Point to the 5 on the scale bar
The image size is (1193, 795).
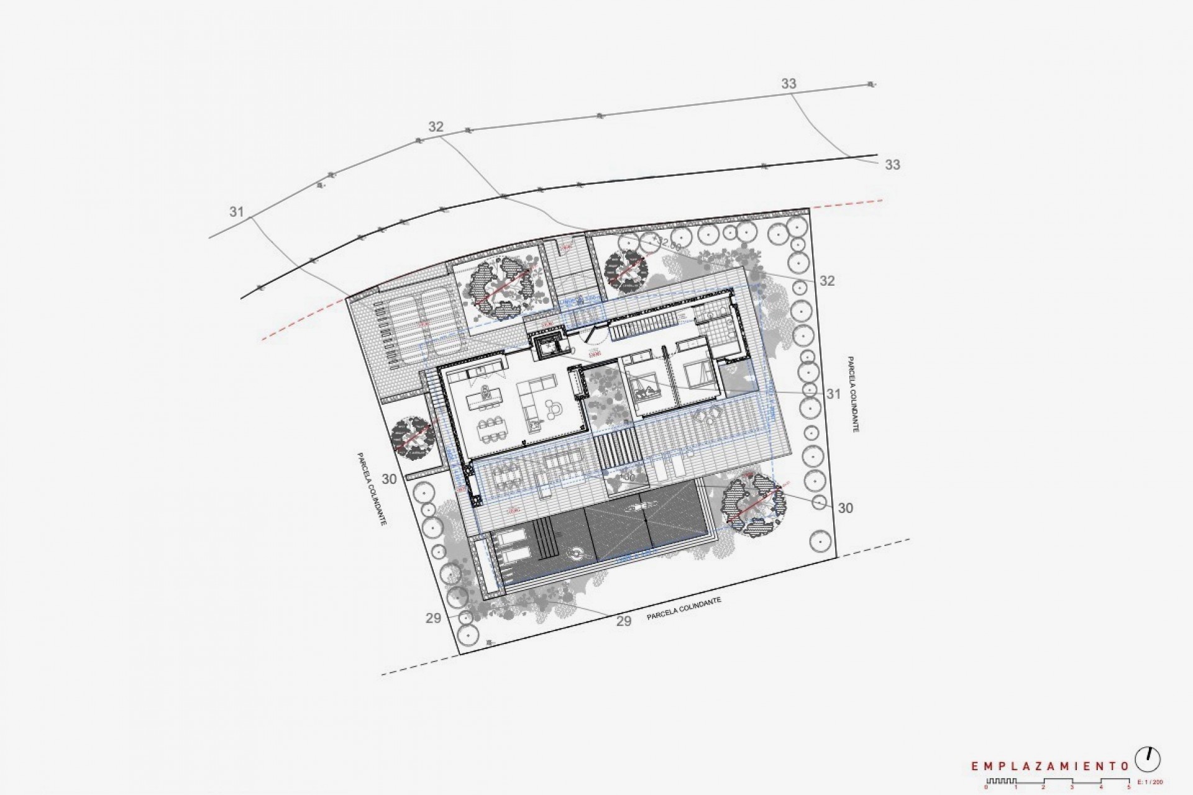pyautogui.click(x=1129, y=788)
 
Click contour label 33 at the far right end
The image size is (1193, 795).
pyautogui.click(x=892, y=165)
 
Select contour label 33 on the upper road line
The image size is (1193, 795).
pyautogui.click(x=788, y=84)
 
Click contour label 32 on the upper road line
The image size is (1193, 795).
pyautogui.click(x=436, y=127)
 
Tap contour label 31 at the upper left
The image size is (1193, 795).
pyautogui.click(x=236, y=212)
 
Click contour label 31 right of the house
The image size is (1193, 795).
pyautogui.click(x=833, y=394)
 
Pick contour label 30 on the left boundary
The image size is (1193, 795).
pyautogui.click(x=389, y=479)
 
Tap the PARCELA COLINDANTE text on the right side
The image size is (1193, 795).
pyautogui.click(x=852, y=395)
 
